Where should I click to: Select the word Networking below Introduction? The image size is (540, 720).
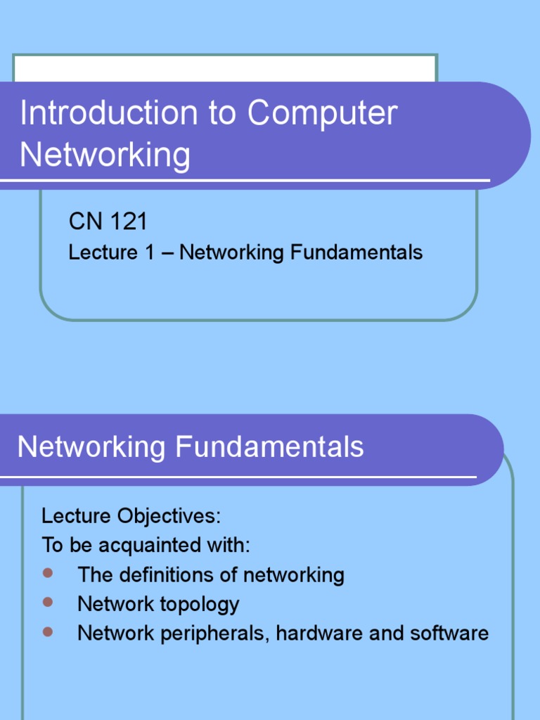(105, 155)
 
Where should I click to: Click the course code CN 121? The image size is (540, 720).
(108, 222)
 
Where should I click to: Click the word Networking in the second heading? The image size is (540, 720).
(91, 447)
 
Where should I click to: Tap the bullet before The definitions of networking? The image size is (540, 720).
(48, 573)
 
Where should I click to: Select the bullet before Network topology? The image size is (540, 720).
(48, 602)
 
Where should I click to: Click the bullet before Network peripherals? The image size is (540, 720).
(48, 631)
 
